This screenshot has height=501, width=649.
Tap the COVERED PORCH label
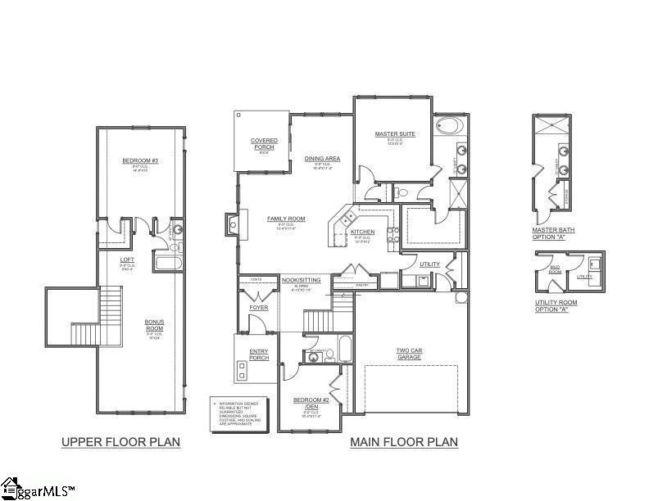coord(264,144)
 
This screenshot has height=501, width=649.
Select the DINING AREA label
coord(322,158)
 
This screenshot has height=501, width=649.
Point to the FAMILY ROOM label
coord(286,219)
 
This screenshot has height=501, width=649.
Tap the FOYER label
coord(258,308)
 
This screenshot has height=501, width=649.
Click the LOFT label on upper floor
coord(128,260)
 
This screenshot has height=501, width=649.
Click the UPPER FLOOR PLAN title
coord(121,442)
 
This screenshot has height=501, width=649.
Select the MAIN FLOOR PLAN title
coord(404,442)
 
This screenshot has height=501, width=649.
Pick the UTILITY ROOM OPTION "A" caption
coord(556,305)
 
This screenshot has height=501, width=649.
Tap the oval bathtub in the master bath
coord(449,127)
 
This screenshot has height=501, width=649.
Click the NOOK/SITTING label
coord(300,280)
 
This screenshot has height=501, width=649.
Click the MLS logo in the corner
coord(37,489)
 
